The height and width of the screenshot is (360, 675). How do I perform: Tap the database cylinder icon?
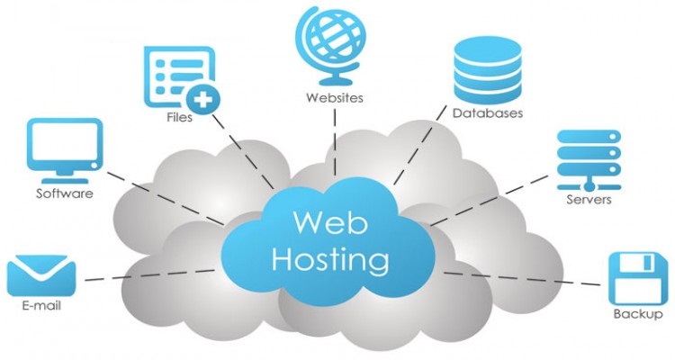click(x=487, y=70)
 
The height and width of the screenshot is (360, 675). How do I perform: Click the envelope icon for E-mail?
click(x=41, y=275)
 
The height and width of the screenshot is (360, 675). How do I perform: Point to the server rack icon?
click(x=589, y=160)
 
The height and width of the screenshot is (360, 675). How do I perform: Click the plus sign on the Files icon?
click(x=202, y=100)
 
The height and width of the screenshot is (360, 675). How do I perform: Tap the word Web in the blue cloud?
click(x=330, y=221)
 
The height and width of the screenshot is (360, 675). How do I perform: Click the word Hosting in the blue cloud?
click(x=330, y=259)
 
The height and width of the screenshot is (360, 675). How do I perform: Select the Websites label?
click(x=335, y=98)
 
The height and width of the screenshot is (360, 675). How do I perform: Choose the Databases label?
click(x=487, y=113)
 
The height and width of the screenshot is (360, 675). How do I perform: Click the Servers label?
click(x=589, y=200)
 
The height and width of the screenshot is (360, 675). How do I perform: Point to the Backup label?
click(x=638, y=314)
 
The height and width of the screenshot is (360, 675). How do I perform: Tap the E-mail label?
click(x=41, y=305)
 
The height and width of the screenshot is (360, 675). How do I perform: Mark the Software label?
click(x=65, y=193)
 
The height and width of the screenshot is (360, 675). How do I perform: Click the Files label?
click(x=179, y=117)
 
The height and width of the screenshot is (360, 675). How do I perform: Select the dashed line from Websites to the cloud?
click(x=335, y=142)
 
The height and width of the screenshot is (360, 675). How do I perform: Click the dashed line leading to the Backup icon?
click(x=522, y=279)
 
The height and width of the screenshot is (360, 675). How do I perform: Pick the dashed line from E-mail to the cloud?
click(x=149, y=275)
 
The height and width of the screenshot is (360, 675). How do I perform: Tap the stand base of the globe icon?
click(x=335, y=80)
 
